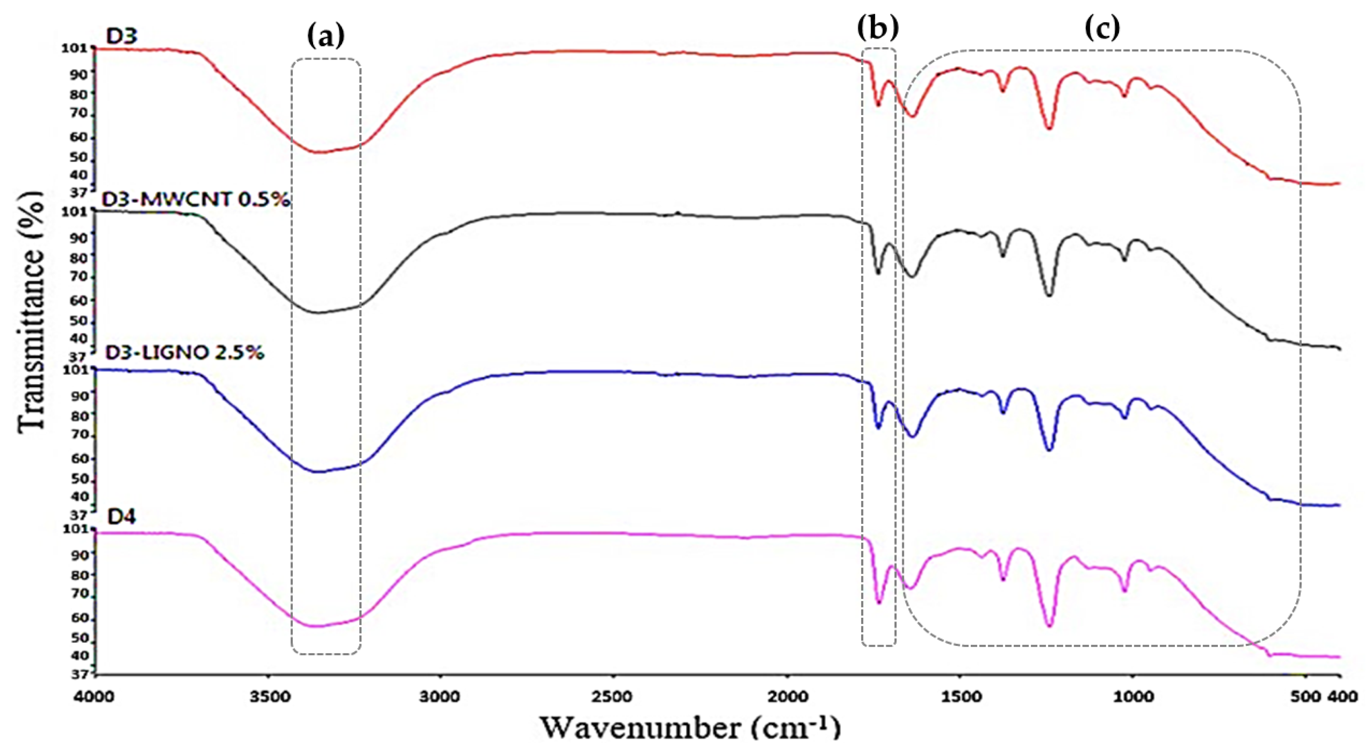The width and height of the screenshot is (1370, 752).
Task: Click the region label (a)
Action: click(x=326, y=36)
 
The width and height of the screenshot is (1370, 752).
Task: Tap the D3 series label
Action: click(x=122, y=37)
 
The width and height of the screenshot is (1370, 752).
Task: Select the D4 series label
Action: click(x=122, y=516)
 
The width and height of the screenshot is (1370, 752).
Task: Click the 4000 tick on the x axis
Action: click(x=96, y=696)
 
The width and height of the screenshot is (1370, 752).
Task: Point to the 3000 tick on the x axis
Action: click(x=441, y=696)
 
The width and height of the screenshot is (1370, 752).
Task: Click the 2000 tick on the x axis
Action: click(x=787, y=696)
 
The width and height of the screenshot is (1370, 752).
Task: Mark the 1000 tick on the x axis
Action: click(x=1132, y=696)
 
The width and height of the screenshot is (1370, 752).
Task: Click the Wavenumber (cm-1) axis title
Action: click(x=691, y=728)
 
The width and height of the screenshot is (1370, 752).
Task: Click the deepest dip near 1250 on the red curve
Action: click(x=1049, y=128)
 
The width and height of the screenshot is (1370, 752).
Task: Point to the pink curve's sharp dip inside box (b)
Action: click(x=879, y=602)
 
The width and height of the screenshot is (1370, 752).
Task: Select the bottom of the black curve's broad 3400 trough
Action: click(x=317, y=312)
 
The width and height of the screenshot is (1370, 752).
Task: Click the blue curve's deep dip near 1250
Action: click(x=1049, y=450)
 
